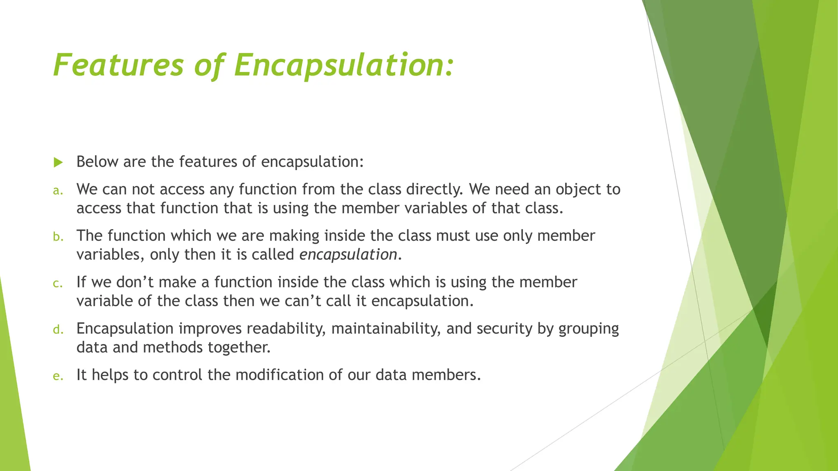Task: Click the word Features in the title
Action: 119,65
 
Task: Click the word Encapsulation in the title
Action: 344,65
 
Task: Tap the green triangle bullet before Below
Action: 58,163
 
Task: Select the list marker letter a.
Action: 58,191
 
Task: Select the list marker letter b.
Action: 58,237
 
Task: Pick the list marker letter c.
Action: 58,283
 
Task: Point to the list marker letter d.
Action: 58,330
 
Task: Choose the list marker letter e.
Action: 58,376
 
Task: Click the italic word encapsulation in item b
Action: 348,255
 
